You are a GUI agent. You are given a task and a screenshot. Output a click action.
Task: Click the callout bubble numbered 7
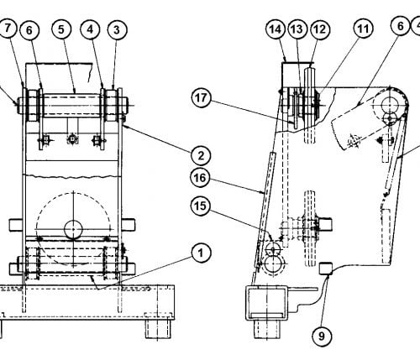click(x=8, y=29)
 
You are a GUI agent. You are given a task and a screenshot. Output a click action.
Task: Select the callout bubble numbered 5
click(x=61, y=29)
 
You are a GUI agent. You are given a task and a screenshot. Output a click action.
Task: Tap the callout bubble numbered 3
click(x=118, y=30)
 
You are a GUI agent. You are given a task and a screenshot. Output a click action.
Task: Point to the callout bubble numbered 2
click(x=201, y=155)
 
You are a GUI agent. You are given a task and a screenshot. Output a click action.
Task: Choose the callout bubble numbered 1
click(x=201, y=253)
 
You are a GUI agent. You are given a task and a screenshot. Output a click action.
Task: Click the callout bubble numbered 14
click(x=276, y=29)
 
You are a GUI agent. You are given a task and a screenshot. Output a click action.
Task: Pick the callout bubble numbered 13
click(x=297, y=29)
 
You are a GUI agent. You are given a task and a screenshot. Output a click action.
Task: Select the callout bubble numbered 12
click(x=320, y=29)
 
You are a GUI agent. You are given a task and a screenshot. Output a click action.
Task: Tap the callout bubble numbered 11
click(x=363, y=29)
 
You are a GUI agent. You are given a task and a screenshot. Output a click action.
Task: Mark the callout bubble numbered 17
click(x=201, y=98)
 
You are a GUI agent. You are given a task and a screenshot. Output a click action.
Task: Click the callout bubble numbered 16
click(x=200, y=178)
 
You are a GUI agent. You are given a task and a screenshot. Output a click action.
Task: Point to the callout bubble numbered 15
click(x=201, y=206)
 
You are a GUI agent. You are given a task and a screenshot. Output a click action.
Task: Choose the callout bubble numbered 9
click(x=322, y=336)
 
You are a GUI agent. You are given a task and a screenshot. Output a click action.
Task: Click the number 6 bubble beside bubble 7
click(x=29, y=30)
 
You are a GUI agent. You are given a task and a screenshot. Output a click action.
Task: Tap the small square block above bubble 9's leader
click(x=326, y=269)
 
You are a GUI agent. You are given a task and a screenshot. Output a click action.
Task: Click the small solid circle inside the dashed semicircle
click(x=73, y=229)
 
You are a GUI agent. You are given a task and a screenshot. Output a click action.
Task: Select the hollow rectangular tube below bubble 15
click(x=267, y=303)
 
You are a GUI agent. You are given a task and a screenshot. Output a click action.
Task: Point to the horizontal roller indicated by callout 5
click(x=72, y=105)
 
